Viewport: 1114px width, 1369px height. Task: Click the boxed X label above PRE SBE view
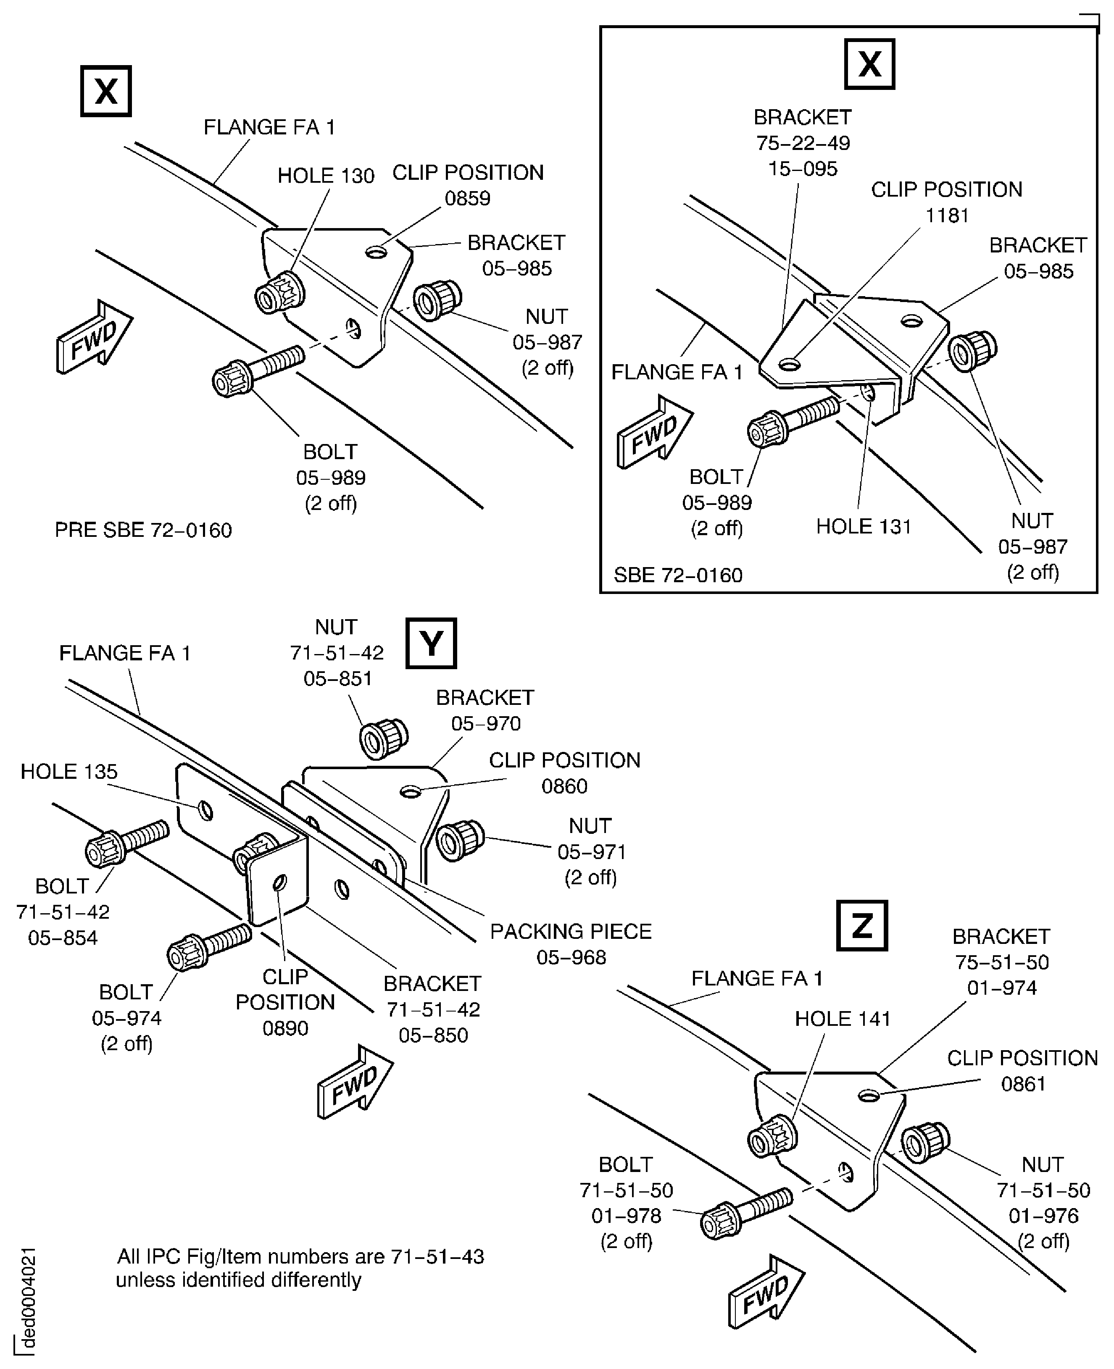click(x=106, y=91)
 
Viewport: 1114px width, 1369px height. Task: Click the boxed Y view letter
click(x=431, y=643)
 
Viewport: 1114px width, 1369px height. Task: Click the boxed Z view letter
click(x=862, y=925)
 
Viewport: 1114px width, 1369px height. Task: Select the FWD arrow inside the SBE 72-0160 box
click(x=655, y=432)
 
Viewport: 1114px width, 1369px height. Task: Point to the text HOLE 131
click(x=863, y=527)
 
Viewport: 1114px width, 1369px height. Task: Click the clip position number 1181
click(x=946, y=215)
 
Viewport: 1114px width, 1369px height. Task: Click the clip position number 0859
click(x=467, y=198)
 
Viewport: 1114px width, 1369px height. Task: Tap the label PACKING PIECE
click(x=571, y=931)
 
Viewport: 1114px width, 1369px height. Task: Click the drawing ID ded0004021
click(x=28, y=1300)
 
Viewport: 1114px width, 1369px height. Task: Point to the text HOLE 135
click(x=69, y=772)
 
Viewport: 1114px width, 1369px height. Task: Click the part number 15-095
click(x=803, y=169)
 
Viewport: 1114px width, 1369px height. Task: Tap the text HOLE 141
click(x=843, y=1019)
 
